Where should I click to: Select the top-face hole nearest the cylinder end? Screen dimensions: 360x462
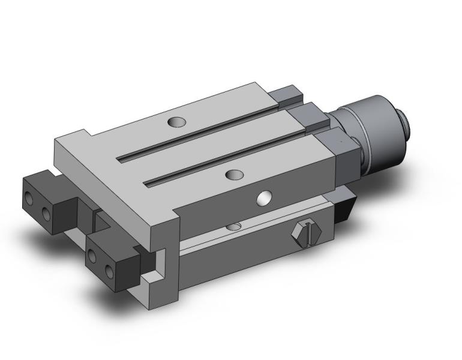point(176,122)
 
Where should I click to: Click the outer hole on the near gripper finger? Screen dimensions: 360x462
point(92,257)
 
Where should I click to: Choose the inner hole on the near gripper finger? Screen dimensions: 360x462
point(109,271)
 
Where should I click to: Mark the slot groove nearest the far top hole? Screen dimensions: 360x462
point(198,132)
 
